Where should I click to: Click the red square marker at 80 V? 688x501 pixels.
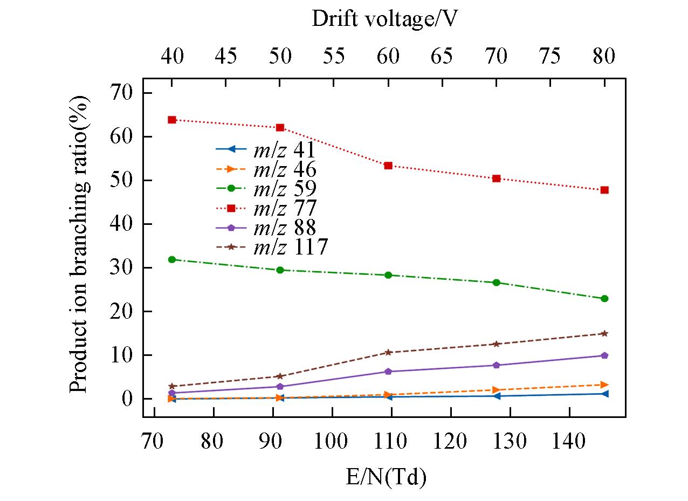click(604, 190)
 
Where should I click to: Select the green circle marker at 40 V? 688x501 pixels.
click(172, 259)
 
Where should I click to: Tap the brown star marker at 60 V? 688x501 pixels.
click(388, 352)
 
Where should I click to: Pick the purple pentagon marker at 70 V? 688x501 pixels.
click(497, 365)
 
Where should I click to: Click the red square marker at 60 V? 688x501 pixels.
click(388, 166)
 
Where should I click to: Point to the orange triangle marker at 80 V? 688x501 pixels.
click(604, 385)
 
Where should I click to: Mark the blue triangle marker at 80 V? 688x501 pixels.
click(604, 394)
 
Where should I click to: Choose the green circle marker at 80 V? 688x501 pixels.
click(604, 298)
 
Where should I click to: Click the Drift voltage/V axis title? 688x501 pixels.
click(385, 20)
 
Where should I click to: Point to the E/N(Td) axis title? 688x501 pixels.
click(386, 478)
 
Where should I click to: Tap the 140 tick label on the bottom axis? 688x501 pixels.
click(569, 442)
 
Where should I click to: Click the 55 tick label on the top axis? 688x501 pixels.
click(334, 56)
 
